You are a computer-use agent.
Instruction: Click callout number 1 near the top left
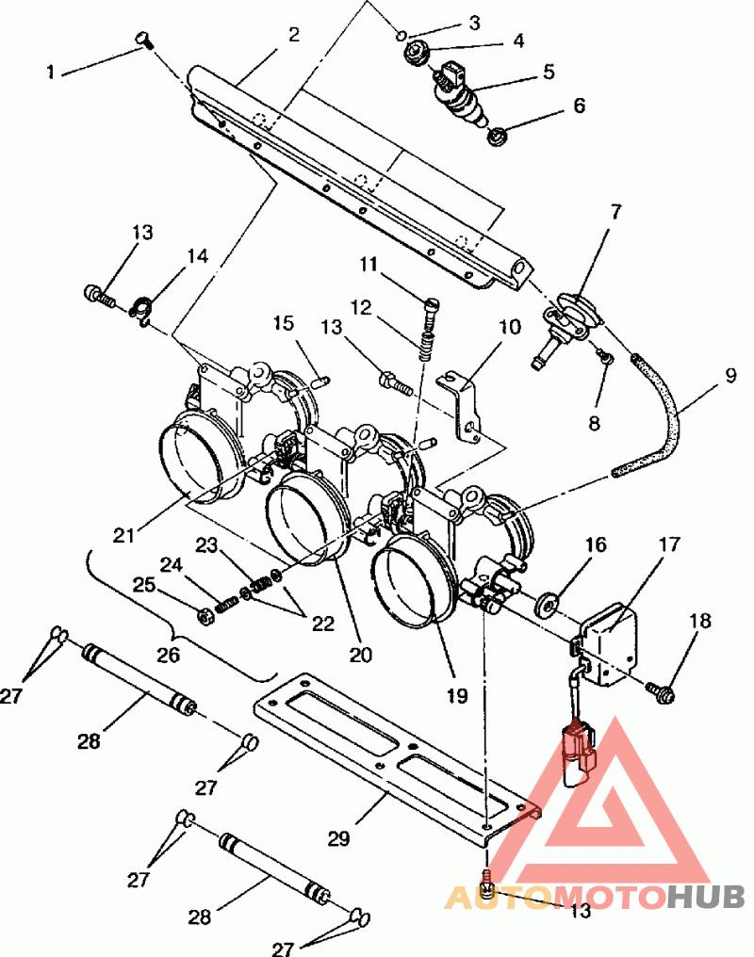pyautogui.click(x=51, y=72)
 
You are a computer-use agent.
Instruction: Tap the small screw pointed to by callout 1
pyautogui.click(x=145, y=40)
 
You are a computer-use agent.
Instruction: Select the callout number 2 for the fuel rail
pyautogui.click(x=294, y=35)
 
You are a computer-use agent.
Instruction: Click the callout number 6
pyautogui.click(x=579, y=105)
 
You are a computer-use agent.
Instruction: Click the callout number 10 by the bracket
pyautogui.click(x=510, y=327)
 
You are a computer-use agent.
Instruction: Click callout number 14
pyautogui.click(x=197, y=255)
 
